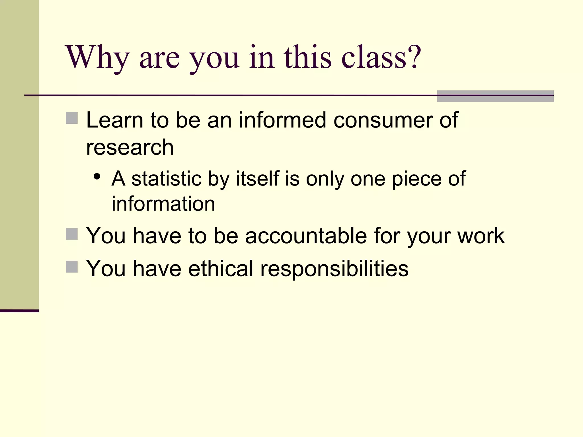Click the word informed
pyautogui.click(x=282, y=120)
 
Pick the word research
pyautogui.click(x=130, y=148)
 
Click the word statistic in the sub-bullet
pyautogui.click(x=167, y=179)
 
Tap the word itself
pyautogui.click(x=258, y=179)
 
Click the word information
pyautogui.click(x=163, y=204)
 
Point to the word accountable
pyautogui.click(x=306, y=236)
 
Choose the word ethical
pyautogui.click(x=221, y=269)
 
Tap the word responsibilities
pyautogui.click(x=334, y=269)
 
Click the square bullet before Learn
pyautogui.click(x=72, y=118)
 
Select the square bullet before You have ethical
pyautogui.click(x=72, y=267)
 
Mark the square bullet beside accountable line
pyautogui.click(x=72, y=234)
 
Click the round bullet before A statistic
pyautogui.click(x=97, y=177)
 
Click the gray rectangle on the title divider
pyautogui.click(x=495, y=96)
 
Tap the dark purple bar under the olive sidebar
pyautogui.click(x=19, y=311)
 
